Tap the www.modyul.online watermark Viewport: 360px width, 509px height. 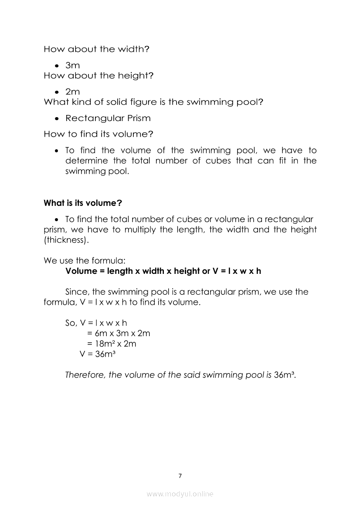coord(180,494)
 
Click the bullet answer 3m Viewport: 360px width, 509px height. coord(72,65)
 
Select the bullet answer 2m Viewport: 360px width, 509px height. coord(72,92)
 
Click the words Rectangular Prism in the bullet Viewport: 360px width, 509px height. coord(108,118)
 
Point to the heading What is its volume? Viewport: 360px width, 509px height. coord(82,203)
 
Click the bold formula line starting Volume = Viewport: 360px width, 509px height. coord(163,271)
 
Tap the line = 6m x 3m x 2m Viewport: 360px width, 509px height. coord(118,333)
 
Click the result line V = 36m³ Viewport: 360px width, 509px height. coord(97,354)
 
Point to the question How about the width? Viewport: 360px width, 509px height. coord(96,49)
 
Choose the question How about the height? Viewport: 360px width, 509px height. coord(98,76)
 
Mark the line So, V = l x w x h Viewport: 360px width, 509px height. coord(96,323)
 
